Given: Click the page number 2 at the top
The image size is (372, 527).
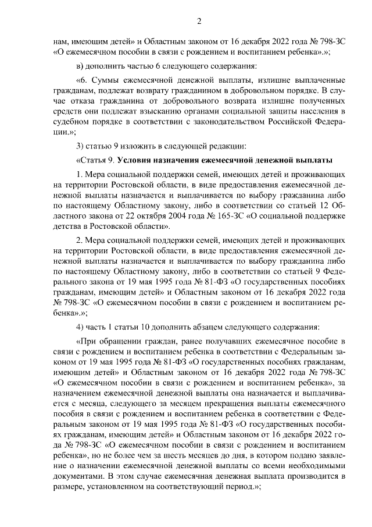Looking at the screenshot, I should [x=198, y=22].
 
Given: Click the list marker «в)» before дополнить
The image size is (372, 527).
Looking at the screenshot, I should [x=81, y=65].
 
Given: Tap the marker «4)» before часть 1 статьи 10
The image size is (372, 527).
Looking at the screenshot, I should [x=81, y=325].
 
